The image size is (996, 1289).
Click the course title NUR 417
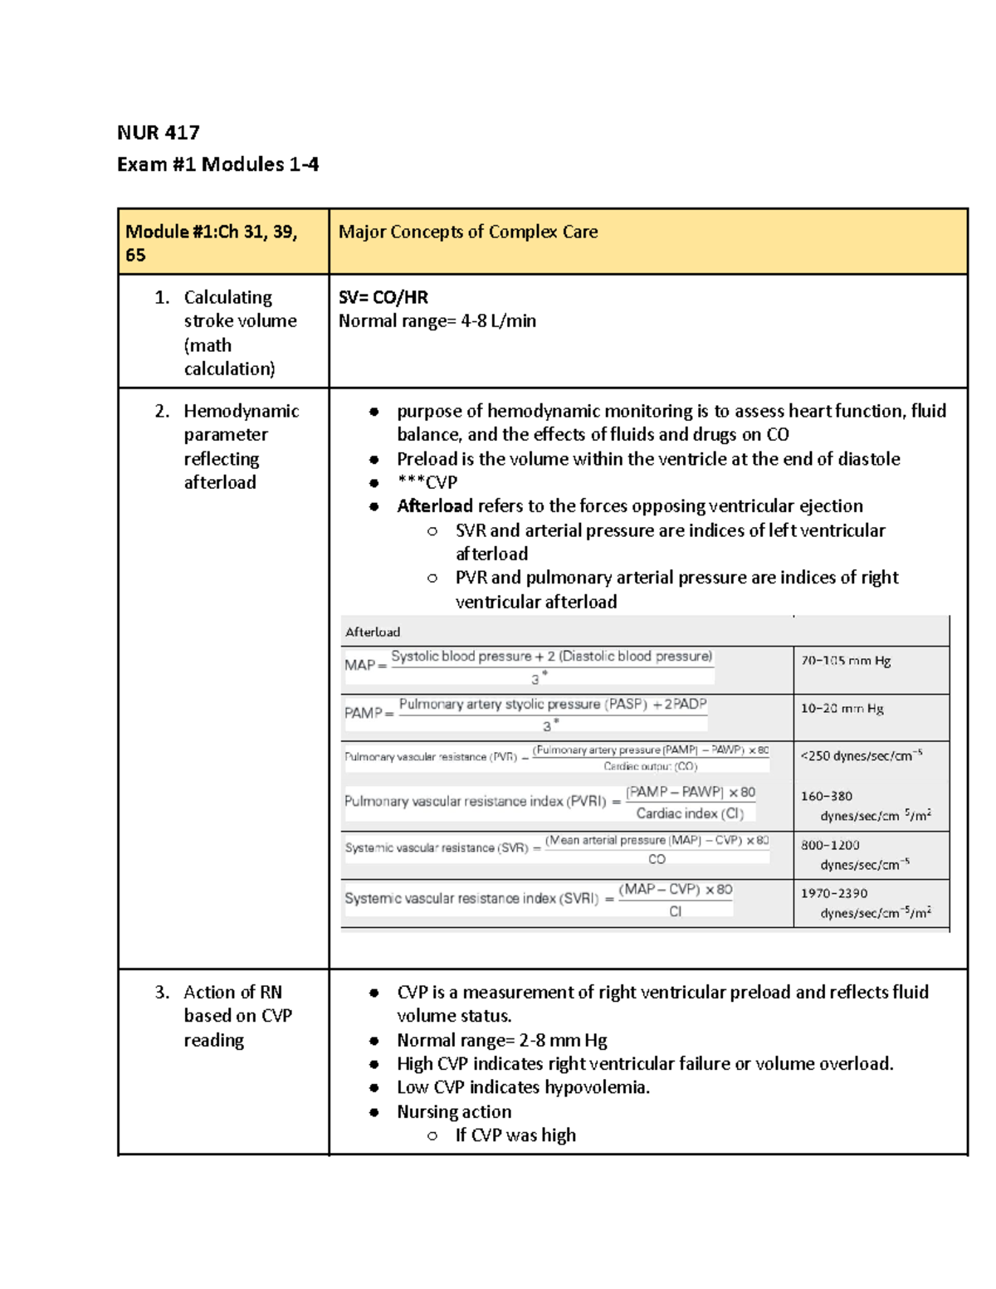[x=158, y=133]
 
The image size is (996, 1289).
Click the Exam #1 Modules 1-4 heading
[x=217, y=164]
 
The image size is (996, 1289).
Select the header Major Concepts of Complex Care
[x=467, y=232]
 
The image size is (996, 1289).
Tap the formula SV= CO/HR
[x=383, y=297]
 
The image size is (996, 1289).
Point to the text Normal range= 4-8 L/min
[x=437, y=321]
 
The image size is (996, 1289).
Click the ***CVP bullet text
[x=427, y=482]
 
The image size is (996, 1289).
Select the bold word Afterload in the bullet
[x=434, y=506]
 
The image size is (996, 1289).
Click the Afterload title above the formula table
[x=372, y=632]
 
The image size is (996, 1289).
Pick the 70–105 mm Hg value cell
[x=845, y=662]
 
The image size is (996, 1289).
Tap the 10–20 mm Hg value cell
[x=842, y=709]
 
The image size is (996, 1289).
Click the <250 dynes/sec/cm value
[x=861, y=756]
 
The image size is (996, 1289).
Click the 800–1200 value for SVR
[x=830, y=845]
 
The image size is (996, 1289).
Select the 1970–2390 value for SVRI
[x=833, y=893]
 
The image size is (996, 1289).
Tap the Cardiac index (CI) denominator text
[x=690, y=813]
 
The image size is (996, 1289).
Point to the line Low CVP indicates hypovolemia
[x=523, y=1087]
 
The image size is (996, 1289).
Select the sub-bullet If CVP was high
[x=515, y=1135]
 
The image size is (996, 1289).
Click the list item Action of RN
[x=232, y=993]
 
